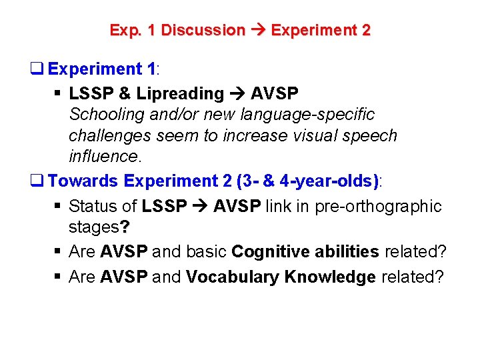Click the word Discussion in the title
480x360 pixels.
point(203,30)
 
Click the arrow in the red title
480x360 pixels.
point(258,30)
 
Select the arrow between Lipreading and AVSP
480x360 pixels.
point(237,94)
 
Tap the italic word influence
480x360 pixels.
point(104,156)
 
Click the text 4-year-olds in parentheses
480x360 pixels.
point(329,181)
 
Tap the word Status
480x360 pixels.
point(93,206)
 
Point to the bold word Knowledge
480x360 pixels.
point(329,277)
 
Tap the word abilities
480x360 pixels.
point(347,252)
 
